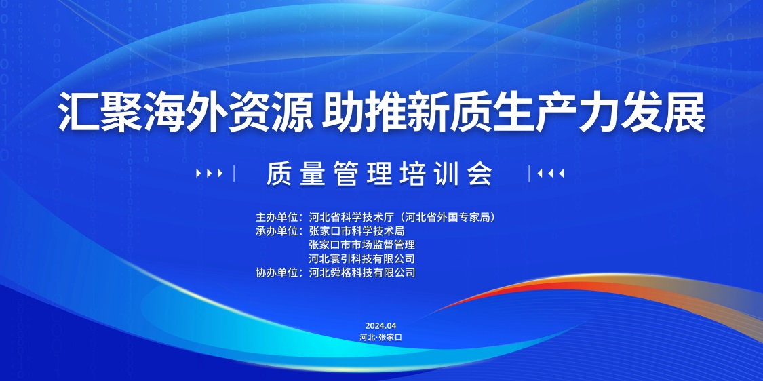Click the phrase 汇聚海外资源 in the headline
click(x=186, y=113)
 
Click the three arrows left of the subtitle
click(x=210, y=174)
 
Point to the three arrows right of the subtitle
click(x=550, y=174)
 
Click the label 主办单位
click(x=277, y=217)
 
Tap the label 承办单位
click(x=277, y=230)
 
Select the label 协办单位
click(x=277, y=273)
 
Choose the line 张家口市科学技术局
click(x=357, y=230)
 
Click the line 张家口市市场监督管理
click(x=362, y=244)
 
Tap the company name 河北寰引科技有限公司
click(x=362, y=258)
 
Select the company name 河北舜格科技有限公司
click(x=362, y=273)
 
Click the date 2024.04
click(x=381, y=325)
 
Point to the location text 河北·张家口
click(x=381, y=337)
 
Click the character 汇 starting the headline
click(x=79, y=113)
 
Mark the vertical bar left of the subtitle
click(x=234, y=174)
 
